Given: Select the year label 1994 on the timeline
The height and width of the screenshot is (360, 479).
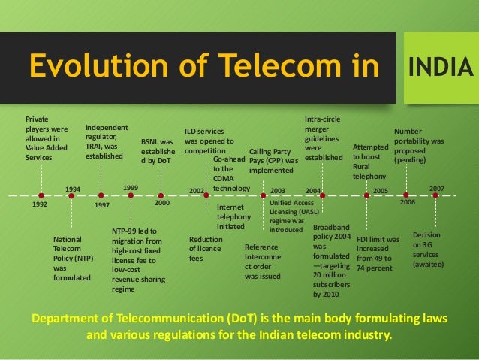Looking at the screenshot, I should click(x=73, y=189).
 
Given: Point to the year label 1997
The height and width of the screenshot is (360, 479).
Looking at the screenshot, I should click(x=103, y=204).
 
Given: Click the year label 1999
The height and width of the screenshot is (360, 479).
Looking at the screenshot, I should click(x=131, y=187).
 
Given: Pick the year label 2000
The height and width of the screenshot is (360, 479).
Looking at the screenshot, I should click(x=161, y=203).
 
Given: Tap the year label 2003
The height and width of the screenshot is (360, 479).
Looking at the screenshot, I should click(x=278, y=191).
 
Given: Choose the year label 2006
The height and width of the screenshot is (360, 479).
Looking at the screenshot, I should click(x=407, y=203).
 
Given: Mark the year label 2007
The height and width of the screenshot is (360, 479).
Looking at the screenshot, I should click(x=437, y=188).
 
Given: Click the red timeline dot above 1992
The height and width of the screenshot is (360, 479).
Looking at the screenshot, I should click(x=41, y=195).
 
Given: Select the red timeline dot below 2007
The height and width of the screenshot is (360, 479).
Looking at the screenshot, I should click(x=435, y=195).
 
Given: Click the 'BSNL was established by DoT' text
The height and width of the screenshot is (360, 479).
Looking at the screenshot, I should click(x=157, y=150).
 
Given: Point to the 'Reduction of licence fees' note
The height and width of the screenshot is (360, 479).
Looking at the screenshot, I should click(x=205, y=249).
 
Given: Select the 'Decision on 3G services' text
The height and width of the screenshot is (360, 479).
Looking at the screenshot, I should click(x=429, y=250).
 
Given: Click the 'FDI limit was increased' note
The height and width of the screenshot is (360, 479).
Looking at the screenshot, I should click(x=378, y=253).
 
